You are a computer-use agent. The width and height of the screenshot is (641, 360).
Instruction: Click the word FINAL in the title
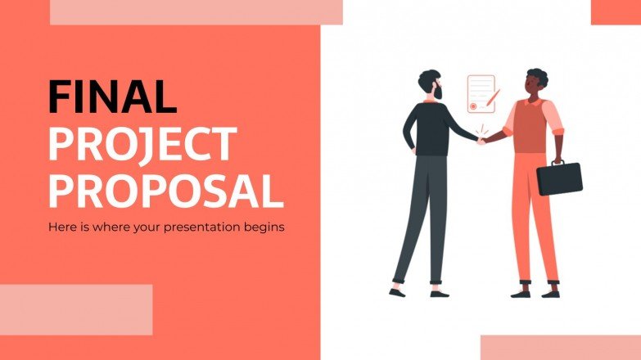tap(112, 96)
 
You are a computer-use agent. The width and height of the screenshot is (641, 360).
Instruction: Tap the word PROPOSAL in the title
tap(165, 190)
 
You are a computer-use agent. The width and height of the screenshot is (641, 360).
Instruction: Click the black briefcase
tap(559, 178)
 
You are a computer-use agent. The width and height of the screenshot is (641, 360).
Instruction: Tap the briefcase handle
tap(557, 162)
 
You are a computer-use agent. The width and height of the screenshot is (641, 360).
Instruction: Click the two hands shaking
tap(482, 140)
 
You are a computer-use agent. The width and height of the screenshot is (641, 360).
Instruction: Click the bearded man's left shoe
tap(398, 291)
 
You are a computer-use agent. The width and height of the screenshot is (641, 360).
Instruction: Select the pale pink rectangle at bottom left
tap(76, 309)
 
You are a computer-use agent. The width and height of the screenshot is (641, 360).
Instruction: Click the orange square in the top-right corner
tap(616, 11)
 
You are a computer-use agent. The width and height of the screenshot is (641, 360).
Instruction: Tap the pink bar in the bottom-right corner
tap(560, 347)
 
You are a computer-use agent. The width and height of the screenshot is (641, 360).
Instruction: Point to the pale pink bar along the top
tap(196, 11)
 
